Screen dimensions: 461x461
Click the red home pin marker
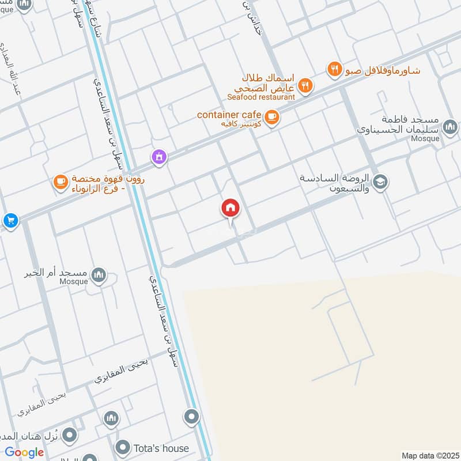tap(231, 209)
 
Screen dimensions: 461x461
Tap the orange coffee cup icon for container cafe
tap(272, 118)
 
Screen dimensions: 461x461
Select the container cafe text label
tap(229, 115)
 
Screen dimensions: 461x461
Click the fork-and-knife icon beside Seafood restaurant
tap(305, 86)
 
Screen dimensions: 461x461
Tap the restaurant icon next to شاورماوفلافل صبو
tap(334, 70)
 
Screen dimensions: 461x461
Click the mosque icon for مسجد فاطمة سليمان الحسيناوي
tap(449, 126)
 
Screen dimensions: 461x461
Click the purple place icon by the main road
tap(159, 156)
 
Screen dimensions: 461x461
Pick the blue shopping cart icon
tap(10, 220)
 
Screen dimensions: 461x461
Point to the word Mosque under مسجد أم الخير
tap(73, 282)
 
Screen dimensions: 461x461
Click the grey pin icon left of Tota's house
tap(122, 447)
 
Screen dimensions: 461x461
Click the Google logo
tap(24, 452)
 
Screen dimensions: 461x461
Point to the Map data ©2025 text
tap(429, 455)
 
